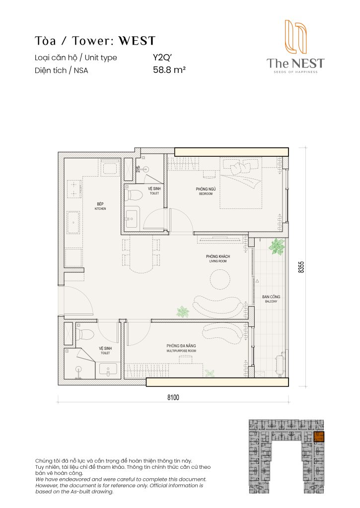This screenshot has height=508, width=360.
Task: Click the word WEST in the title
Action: click(x=136, y=40)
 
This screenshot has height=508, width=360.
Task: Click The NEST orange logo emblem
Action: click(x=294, y=37)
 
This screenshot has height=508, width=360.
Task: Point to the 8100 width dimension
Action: click(x=172, y=397)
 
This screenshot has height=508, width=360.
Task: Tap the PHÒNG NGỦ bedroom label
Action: click(x=206, y=190)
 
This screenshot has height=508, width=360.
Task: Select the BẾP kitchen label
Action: click(x=100, y=205)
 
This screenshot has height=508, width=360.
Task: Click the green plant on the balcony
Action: click(x=276, y=247)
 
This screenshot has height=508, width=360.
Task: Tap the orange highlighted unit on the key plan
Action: click(x=319, y=437)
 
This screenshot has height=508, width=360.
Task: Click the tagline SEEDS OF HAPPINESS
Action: click(x=295, y=72)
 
